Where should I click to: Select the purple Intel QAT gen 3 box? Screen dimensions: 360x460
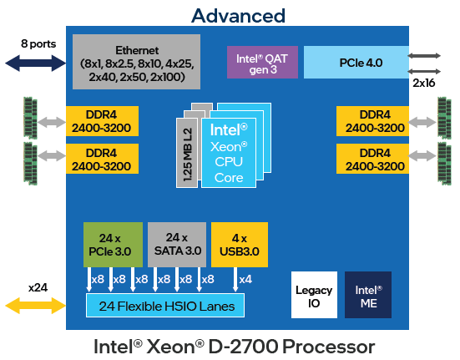pyautogui.click(x=262, y=62)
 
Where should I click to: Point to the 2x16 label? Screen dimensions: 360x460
pyautogui.click(x=424, y=84)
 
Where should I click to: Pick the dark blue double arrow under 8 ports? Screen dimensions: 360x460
pyautogui.click(x=35, y=62)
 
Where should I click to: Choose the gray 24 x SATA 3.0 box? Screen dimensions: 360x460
pyautogui.click(x=176, y=242)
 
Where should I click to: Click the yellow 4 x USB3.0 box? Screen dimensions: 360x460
pyautogui.click(x=240, y=242)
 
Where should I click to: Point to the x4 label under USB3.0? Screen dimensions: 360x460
pyautogui.click(x=245, y=279)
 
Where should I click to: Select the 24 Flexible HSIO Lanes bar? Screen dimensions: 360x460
pyautogui.click(x=165, y=306)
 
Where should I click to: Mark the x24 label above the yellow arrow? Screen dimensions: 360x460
pyautogui.click(x=37, y=287)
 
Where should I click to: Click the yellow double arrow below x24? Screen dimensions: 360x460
pyautogui.click(x=36, y=306)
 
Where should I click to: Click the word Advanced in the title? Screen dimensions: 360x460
pyautogui.click(x=238, y=15)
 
